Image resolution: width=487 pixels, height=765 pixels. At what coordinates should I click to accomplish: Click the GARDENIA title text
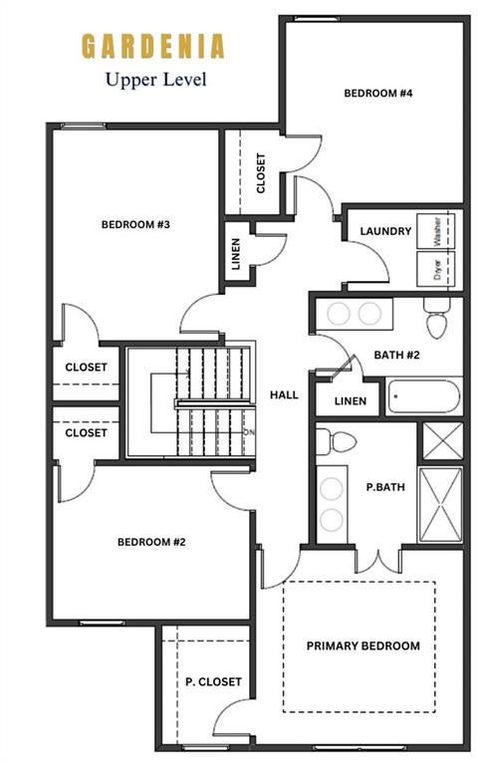point(153,47)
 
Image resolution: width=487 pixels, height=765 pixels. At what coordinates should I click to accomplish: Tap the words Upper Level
point(156,80)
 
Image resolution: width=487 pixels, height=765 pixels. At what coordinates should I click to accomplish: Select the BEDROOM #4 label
point(378,94)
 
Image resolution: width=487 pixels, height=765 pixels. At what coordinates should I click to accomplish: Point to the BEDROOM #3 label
point(135,224)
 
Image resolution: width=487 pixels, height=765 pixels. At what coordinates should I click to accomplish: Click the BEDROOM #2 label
point(151,542)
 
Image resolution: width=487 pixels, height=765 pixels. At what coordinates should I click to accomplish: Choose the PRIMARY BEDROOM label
point(364,645)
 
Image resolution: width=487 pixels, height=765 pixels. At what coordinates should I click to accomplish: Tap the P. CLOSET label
point(213,681)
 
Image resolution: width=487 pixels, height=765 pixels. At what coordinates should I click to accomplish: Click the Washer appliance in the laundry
point(436,231)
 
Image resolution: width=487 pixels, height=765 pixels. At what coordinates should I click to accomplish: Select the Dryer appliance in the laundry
point(436,269)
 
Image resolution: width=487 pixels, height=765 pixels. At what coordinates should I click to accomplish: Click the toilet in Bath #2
point(437,318)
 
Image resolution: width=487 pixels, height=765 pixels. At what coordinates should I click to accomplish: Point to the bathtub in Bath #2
point(424,396)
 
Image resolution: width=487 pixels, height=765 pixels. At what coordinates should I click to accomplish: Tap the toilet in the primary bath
point(337,441)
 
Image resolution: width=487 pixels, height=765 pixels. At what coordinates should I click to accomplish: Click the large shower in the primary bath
point(440,504)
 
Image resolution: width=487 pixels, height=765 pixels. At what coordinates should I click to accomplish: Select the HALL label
point(284,394)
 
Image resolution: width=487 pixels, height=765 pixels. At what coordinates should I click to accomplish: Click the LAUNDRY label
point(385,231)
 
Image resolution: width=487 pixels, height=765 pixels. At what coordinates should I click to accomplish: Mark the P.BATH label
point(385,487)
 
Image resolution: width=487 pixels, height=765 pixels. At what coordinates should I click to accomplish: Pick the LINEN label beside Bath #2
point(351,401)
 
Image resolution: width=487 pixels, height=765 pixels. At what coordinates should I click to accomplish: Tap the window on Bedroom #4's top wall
point(317,19)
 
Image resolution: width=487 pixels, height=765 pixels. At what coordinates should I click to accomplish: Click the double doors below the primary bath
point(378,561)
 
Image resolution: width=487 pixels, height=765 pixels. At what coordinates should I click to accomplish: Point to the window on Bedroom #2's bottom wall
point(102,623)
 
